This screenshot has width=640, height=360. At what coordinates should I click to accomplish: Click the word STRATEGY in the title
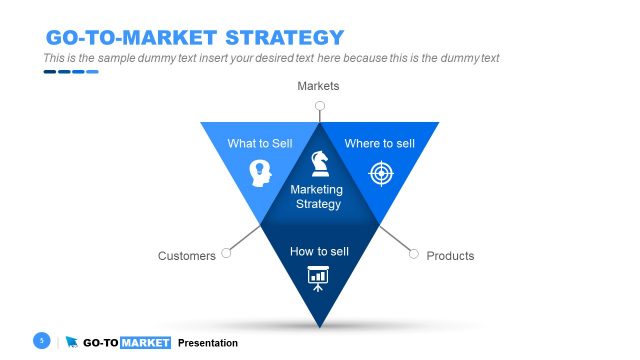pos(284,38)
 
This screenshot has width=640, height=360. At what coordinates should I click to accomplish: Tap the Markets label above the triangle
pos(318,87)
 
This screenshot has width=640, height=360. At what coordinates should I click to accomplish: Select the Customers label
pos(187,256)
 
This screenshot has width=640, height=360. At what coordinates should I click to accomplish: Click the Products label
pos(450,256)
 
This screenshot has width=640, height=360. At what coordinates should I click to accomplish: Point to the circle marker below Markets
pos(319,105)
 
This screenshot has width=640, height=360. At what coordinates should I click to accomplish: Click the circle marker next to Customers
pos(226,254)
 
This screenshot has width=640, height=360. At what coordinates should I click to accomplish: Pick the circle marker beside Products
pos(413,254)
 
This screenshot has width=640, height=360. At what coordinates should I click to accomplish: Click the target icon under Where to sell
pos(380,174)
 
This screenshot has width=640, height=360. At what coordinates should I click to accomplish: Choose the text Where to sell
pos(379,144)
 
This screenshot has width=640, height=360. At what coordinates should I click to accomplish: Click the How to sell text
pos(319,250)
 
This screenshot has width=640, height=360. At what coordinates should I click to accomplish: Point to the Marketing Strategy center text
pos(317,197)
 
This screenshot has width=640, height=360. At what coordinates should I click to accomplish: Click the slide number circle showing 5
pos(42,341)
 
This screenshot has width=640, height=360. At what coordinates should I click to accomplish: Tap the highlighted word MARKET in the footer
pos(145,343)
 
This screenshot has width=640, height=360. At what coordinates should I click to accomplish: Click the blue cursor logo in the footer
pos(72,343)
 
